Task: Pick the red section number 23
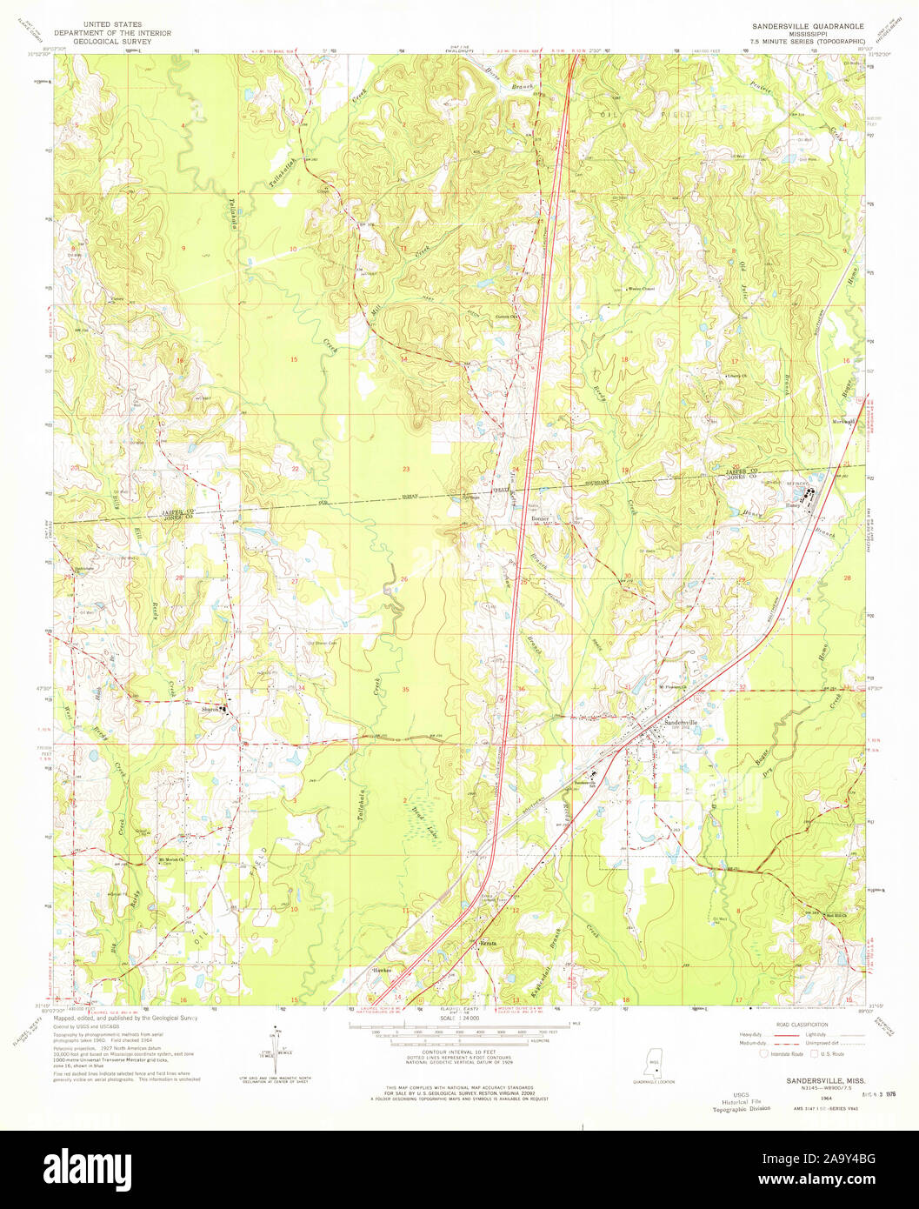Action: [405, 469]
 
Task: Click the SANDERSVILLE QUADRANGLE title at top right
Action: [802, 27]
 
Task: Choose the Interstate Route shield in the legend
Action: [765, 1053]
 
